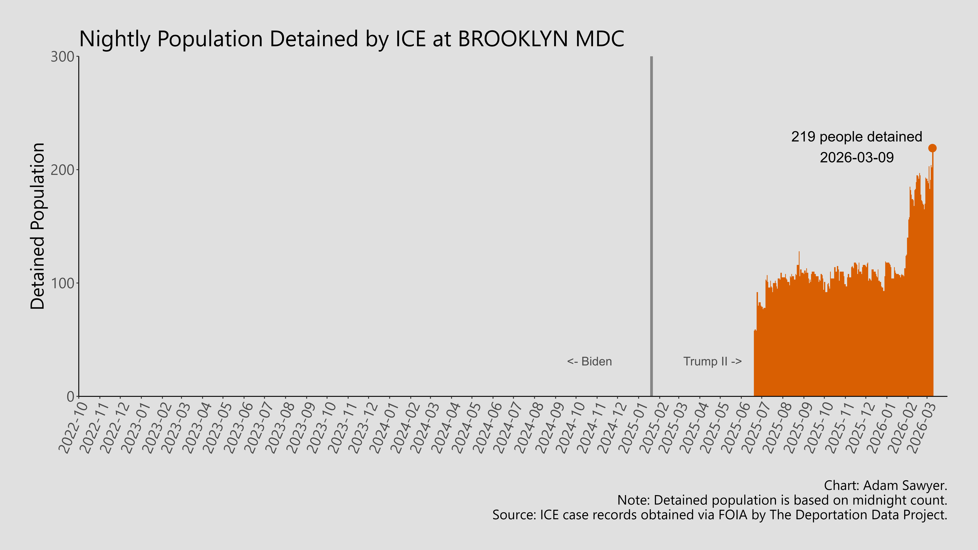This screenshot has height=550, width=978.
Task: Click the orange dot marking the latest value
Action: pyautogui.click(x=932, y=148)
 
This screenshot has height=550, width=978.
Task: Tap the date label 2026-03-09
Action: pyautogui.click(x=856, y=157)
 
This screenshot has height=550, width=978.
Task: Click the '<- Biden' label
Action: pyautogui.click(x=589, y=361)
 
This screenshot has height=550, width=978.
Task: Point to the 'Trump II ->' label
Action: pyautogui.click(x=712, y=361)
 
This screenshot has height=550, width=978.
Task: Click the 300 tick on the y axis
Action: pyautogui.click(x=63, y=57)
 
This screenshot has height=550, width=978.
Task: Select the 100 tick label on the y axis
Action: pyautogui.click(x=63, y=283)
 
